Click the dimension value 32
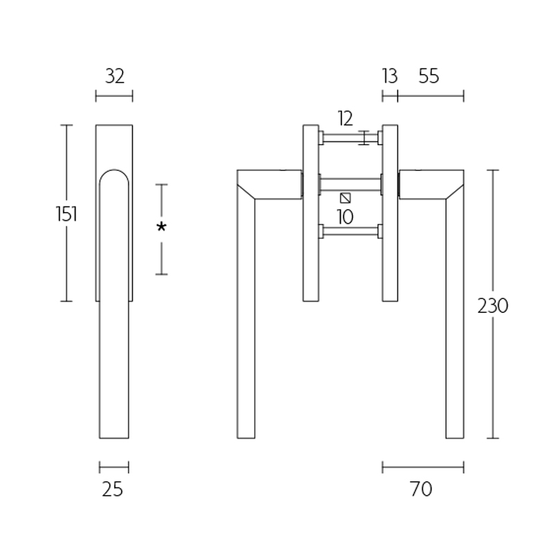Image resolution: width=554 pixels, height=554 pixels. [x=114, y=76]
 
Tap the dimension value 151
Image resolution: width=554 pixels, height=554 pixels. [x=66, y=214]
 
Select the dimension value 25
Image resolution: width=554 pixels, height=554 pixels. [x=112, y=490]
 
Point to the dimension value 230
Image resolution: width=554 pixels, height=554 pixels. [x=493, y=305]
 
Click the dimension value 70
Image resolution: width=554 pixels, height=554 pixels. [x=420, y=490]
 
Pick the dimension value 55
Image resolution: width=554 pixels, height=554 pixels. [x=429, y=76]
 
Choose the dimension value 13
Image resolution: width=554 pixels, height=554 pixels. [x=390, y=76]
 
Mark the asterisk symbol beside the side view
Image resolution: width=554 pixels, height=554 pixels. [x=161, y=227]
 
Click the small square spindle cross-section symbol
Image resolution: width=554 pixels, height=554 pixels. [x=346, y=197]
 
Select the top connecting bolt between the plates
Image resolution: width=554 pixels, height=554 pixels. [x=350, y=138]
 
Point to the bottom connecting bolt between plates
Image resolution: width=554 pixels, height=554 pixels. [x=350, y=231]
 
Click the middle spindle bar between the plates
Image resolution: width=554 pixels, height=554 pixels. [x=350, y=184]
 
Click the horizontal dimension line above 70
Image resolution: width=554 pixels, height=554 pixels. [x=422, y=467]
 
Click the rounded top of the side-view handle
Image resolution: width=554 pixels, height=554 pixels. [x=114, y=172]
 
